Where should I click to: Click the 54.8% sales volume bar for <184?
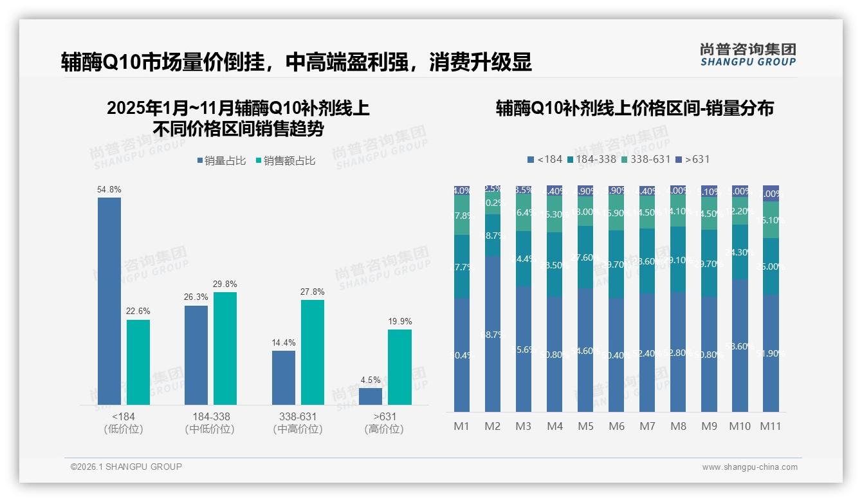(109, 301)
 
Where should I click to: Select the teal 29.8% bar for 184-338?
(225, 348)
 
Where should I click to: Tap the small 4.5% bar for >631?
(371, 396)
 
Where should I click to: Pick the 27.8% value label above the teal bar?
(312, 292)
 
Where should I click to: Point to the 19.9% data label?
(399, 322)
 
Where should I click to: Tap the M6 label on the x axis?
(616, 426)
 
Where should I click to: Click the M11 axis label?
(771, 426)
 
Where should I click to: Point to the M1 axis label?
(462, 426)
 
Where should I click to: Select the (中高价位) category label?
(298, 429)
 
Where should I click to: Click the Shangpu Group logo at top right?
(747, 55)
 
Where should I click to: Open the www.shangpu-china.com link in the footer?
(749, 467)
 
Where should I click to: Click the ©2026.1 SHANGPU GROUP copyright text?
(126, 467)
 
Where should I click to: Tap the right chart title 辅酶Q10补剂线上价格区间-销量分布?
(634, 109)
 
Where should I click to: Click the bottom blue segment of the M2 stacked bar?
(493, 335)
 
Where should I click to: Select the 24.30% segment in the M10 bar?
(740, 252)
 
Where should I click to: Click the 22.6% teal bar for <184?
(138, 362)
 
